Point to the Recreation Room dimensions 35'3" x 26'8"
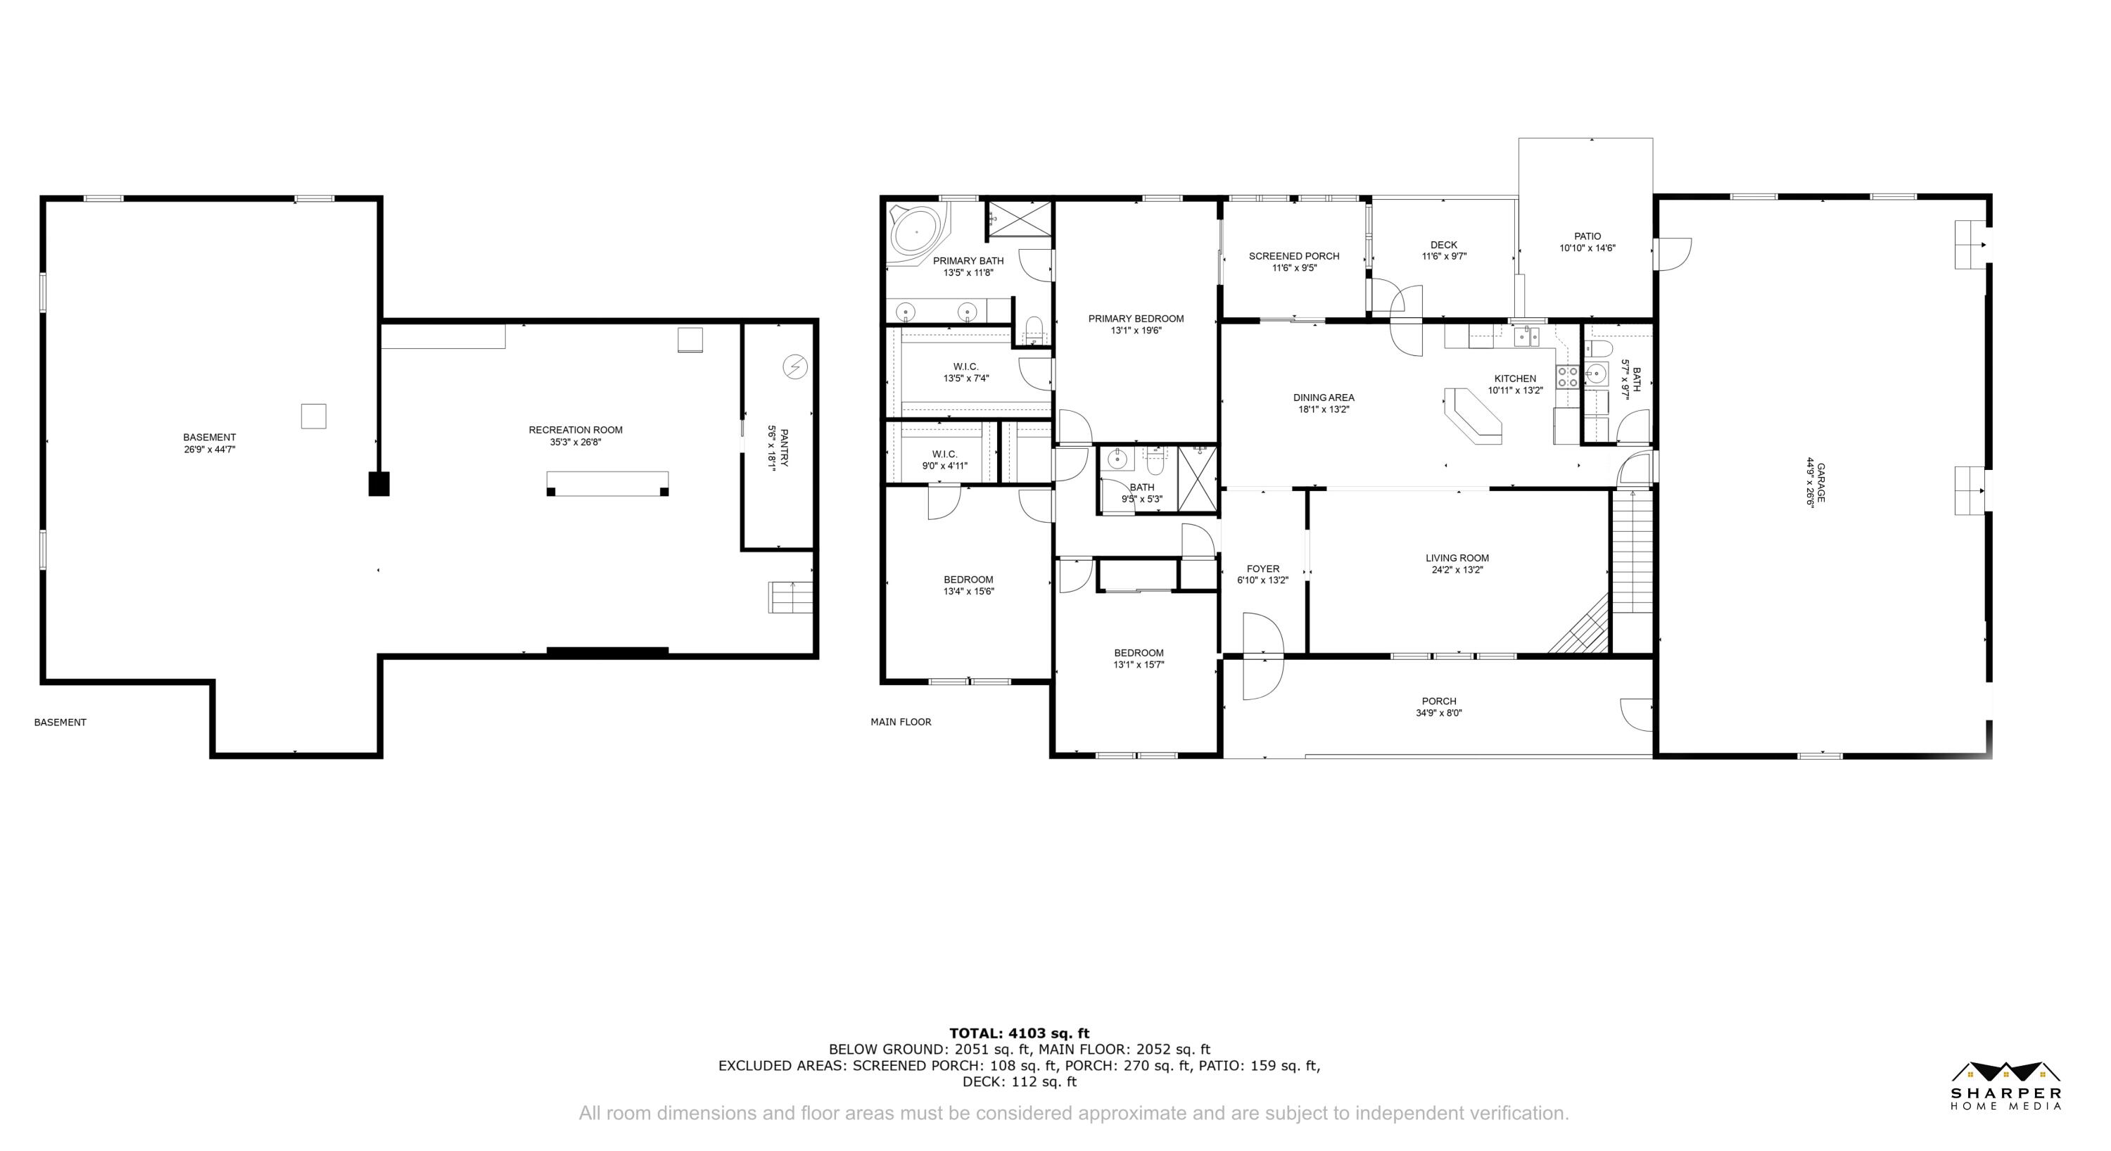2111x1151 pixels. tap(576, 443)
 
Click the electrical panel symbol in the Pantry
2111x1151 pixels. tap(794, 367)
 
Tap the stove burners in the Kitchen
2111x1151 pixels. tap(1567, 377)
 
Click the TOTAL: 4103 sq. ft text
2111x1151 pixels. tap(1020, 1034)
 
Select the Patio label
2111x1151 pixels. tap(1587, 236)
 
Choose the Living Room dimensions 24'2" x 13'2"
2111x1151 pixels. tap(1457, 570)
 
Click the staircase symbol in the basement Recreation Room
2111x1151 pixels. tap(790, 597)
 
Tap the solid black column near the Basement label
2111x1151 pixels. tap(379, 483)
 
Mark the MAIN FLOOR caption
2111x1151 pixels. tap(901, 722)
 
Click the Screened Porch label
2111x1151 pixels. tap(1294, 256)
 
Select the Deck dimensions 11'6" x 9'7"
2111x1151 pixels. tap(1444, 256)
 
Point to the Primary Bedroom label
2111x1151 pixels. tap(1136, 319)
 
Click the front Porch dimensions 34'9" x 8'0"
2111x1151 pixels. tap(1439, 713)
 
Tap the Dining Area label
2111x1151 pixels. tap(1324, 398)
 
